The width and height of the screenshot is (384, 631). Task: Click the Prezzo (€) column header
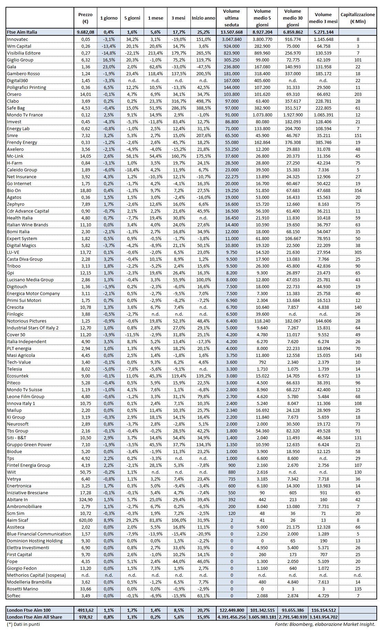tap(85, 18)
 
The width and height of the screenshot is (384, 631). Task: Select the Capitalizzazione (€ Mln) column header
tap(358, 18)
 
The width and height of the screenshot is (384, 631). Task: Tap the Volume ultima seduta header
tap(231, 18)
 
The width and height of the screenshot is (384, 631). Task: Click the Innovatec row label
tap(18, 39)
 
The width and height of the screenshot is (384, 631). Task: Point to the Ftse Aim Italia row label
tap(22, 32)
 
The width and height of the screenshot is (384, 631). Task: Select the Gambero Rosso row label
tap(23, 74)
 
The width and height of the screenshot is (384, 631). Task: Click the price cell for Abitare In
tap(86, 499)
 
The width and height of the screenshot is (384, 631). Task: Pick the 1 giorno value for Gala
tap(109, 67)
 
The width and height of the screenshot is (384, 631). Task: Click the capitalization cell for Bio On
tap(358, 190)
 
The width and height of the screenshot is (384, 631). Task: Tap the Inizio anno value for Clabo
tap(204, 101)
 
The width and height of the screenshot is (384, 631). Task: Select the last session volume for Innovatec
tap(232, 39)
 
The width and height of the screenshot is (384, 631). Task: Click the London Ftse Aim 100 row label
tap(29, 610)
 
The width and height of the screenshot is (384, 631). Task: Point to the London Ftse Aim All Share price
tap(86, 617)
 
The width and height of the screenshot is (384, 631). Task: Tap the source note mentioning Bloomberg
tap(325, 624)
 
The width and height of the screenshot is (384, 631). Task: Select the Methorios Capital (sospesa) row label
tap(36, 575)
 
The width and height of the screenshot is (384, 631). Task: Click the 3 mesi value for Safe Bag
tap(179, 108)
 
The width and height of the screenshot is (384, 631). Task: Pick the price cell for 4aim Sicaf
tap(86, 520)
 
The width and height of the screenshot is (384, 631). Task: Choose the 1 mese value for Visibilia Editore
tap(155, 53)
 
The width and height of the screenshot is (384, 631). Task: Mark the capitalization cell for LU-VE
tap(358, 252)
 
